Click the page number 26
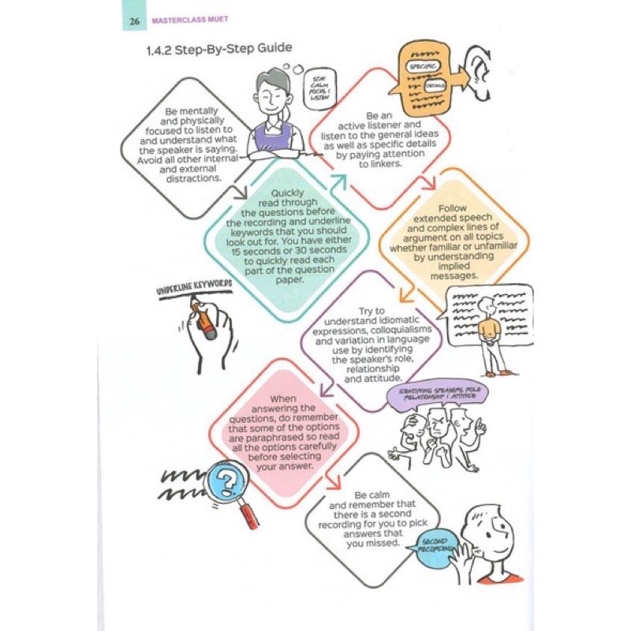point(135,21)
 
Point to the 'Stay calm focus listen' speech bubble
point(319,84)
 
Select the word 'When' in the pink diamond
point(282,399)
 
